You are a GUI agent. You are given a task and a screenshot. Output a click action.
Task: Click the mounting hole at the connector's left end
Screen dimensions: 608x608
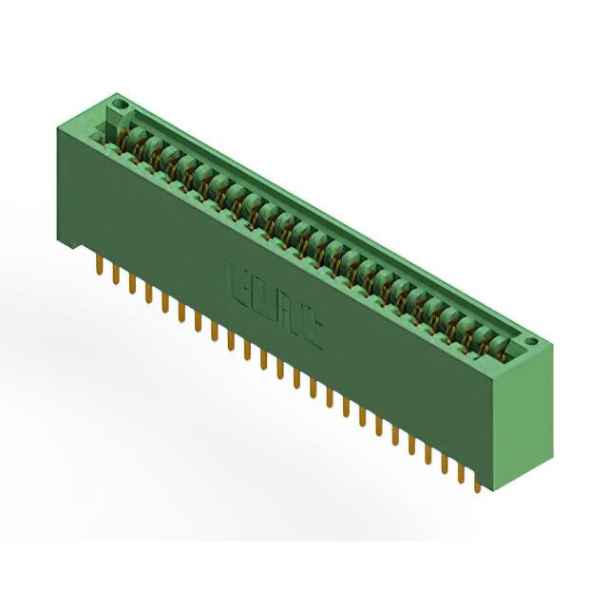coord(119,101)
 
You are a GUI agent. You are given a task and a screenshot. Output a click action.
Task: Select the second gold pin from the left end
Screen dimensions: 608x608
coord(115,275)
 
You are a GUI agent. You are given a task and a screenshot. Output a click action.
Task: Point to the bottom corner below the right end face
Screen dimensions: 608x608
coord(497,489)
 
